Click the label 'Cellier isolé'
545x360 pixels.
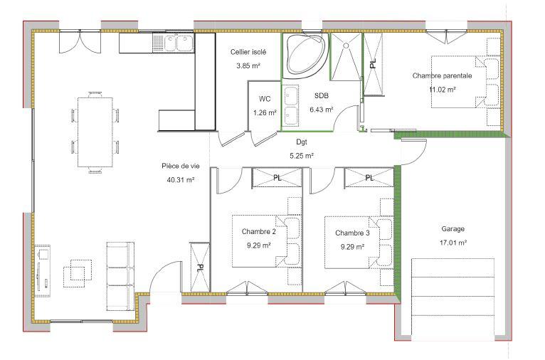point(248,53)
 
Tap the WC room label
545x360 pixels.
point(265,99)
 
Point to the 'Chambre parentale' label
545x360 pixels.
point(442,75)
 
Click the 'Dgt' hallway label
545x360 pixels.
point(302,142)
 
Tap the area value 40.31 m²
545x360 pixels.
point(180,180)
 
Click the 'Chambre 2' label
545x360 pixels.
point(259,232)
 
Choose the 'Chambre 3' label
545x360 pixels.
point(353,233)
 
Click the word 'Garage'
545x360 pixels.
point(453,229)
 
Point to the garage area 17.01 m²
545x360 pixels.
point(453,243)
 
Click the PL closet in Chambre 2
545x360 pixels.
point(277,177)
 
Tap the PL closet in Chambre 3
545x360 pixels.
point(369,177)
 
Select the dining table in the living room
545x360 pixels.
point(95,131)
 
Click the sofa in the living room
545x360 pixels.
point(119,273)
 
